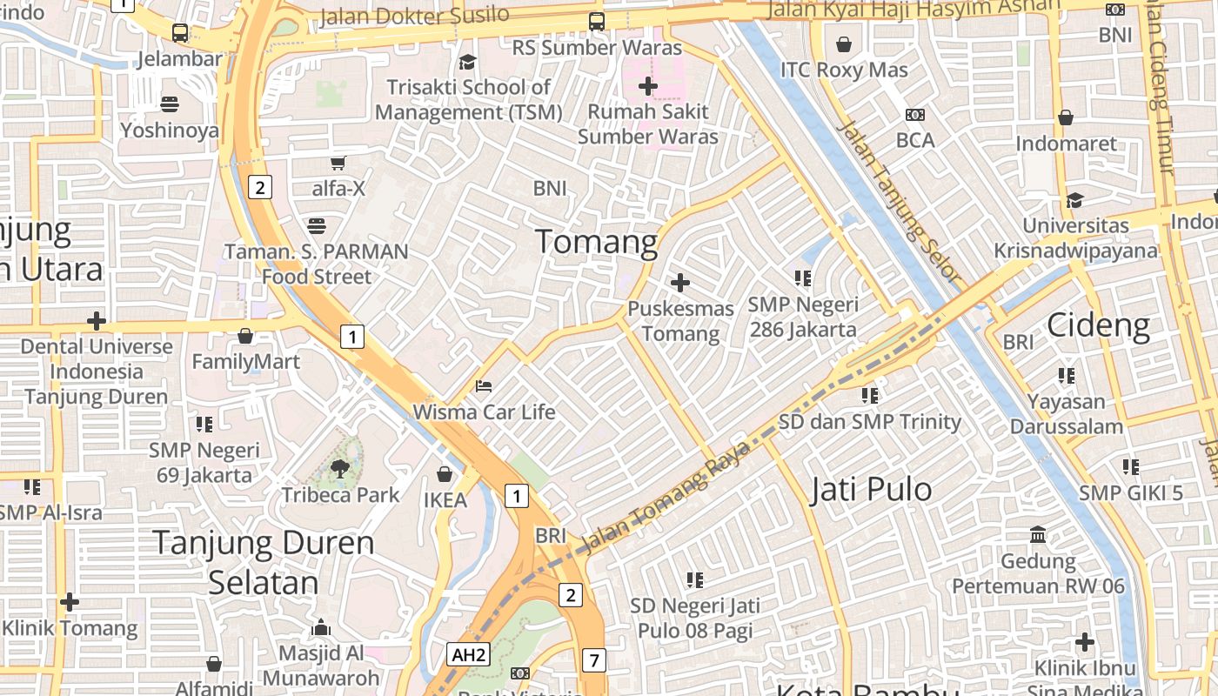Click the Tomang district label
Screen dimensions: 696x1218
596,241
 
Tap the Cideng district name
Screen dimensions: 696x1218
1098,325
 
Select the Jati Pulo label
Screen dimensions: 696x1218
871,490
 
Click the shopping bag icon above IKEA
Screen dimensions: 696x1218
445,474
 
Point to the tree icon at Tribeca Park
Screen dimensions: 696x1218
340,469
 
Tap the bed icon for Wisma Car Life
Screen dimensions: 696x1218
484,385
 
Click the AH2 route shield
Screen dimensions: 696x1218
468,654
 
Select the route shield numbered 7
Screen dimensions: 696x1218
593,660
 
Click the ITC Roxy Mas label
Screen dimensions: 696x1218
844,70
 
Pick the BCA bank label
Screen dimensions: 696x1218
915,140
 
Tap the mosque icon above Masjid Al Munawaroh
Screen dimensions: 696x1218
321,627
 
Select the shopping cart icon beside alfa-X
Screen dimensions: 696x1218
338,163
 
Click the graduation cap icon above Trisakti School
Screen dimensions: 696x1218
468,62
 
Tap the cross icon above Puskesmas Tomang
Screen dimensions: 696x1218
680,283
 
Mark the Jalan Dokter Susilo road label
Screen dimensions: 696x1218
414,16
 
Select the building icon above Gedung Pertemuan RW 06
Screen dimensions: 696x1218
1038,534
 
